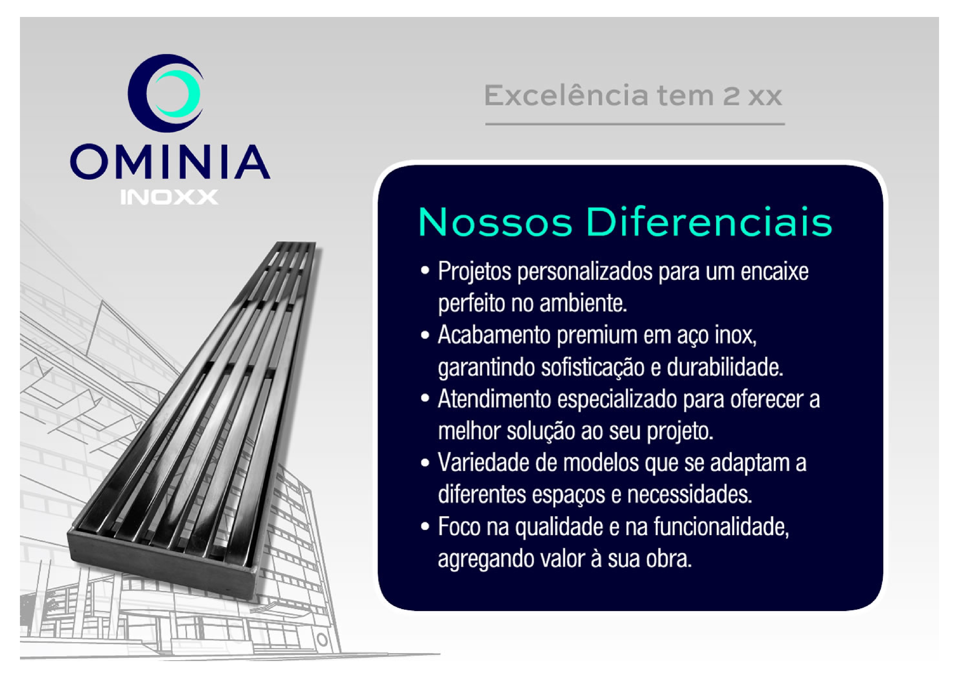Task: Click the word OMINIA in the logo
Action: [170, 162]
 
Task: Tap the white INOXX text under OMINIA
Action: [169, 197]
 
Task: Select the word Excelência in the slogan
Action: [566, 96]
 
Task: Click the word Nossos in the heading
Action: [495, 223]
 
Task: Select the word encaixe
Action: [774, 271]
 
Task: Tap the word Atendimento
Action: [494, 399]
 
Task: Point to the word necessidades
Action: [689, 495]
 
